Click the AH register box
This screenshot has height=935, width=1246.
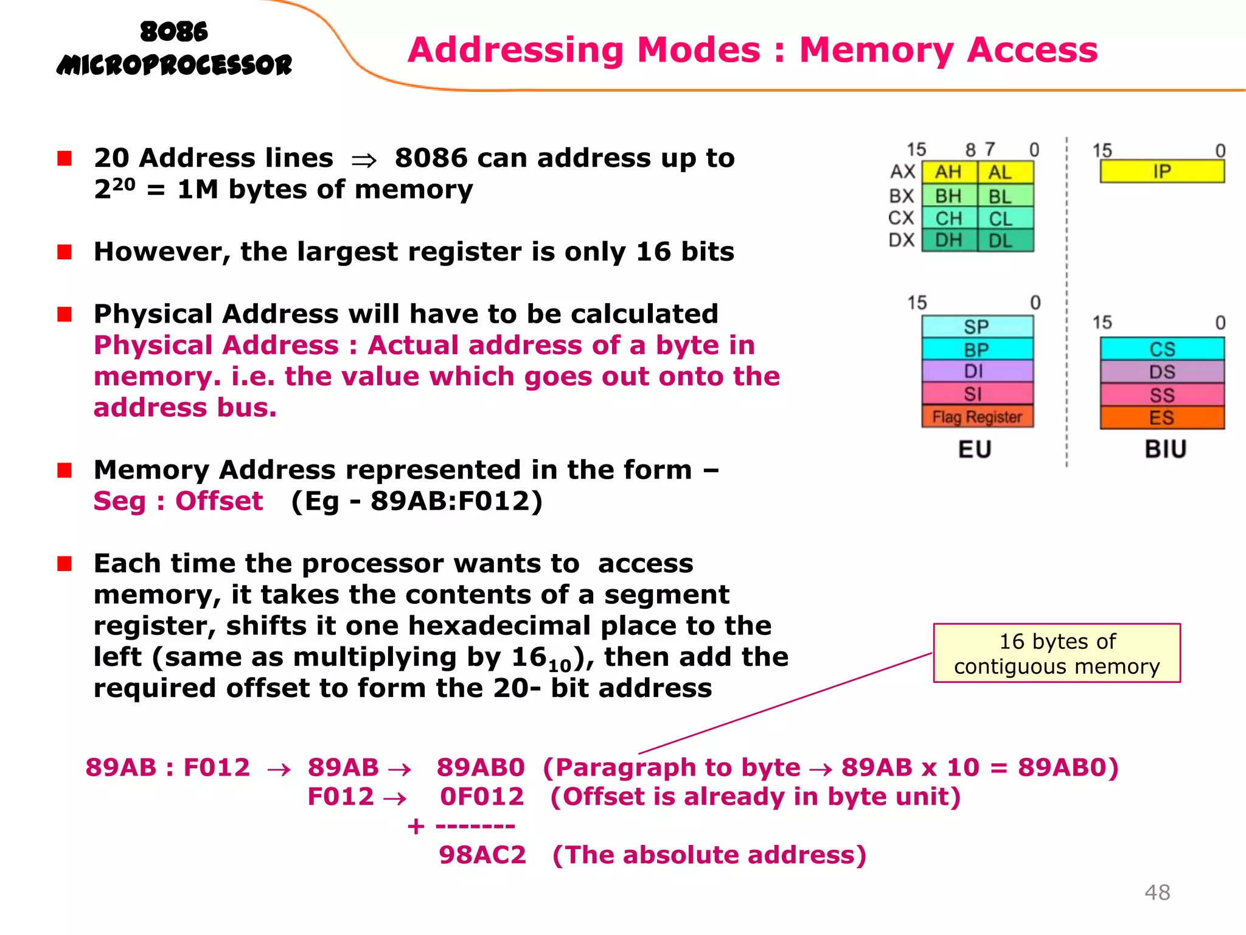pos(948,172)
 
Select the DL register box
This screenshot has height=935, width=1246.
pos(1004,241)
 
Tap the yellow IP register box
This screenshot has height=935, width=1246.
pos(1161,172)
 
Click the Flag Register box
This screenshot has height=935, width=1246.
pos(977,417)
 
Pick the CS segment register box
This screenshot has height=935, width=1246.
pos(1161,349)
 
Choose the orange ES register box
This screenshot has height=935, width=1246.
pos(1161,418)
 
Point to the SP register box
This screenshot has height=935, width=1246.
pos(976,327)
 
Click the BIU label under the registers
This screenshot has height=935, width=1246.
pos(1165,449)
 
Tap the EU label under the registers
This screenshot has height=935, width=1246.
pos(975,449)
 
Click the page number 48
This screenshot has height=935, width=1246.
pos(1157,892)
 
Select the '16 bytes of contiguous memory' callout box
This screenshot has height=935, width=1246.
pos(1057,653)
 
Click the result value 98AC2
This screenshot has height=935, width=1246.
pos(482,855)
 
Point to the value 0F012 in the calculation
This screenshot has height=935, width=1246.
pos(481,797)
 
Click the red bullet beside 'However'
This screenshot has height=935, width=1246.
pos(64,251)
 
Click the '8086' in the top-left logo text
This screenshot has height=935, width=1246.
pos(174,32)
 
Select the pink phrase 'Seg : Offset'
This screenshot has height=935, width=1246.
pos(178,502)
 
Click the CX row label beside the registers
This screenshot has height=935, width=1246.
pos(901,218)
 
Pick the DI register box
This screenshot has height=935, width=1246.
pos(976,371)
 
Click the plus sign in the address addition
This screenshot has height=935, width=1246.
pos(416,826)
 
